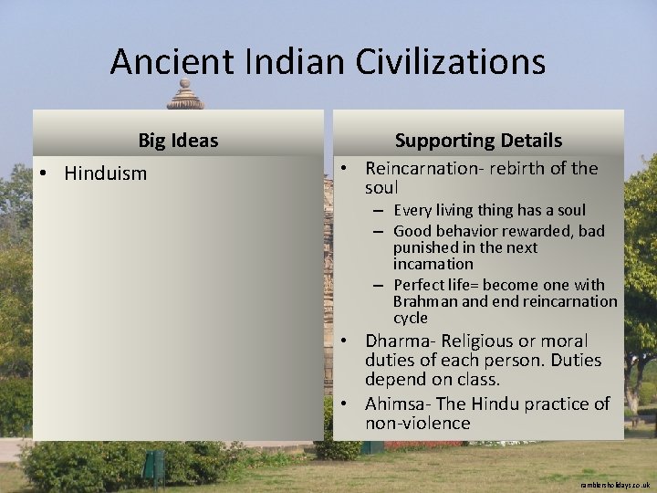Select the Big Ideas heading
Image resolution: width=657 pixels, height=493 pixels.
[178, 141]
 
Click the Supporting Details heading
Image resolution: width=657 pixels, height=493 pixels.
[478, 141]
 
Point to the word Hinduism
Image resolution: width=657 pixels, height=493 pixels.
[105, 173]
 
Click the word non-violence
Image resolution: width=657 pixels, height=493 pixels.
[417, 423]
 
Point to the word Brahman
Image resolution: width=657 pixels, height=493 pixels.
[425, 301]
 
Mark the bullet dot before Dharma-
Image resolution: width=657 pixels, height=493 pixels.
[348, 341]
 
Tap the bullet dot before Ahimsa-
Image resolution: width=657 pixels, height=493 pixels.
[348, 404]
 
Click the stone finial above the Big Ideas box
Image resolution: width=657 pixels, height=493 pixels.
[185, 95]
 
